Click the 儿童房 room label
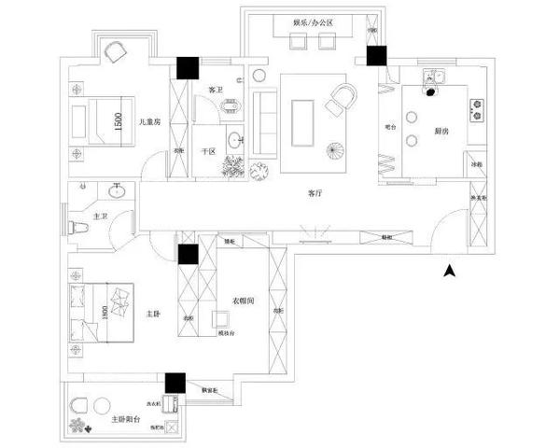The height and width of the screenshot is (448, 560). pos(149,121)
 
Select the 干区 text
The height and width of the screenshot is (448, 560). pos(209,150)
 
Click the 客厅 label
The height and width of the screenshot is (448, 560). pos(315,193)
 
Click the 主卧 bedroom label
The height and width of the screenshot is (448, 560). pos(154,314)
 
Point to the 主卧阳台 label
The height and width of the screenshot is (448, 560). pos(126,419)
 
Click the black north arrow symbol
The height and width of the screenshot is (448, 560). pos(449,272)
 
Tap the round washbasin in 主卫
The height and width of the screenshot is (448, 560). pos(117,194)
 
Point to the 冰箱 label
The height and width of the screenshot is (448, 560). pos(476,165)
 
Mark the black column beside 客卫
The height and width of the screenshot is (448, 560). pos(189,68)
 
